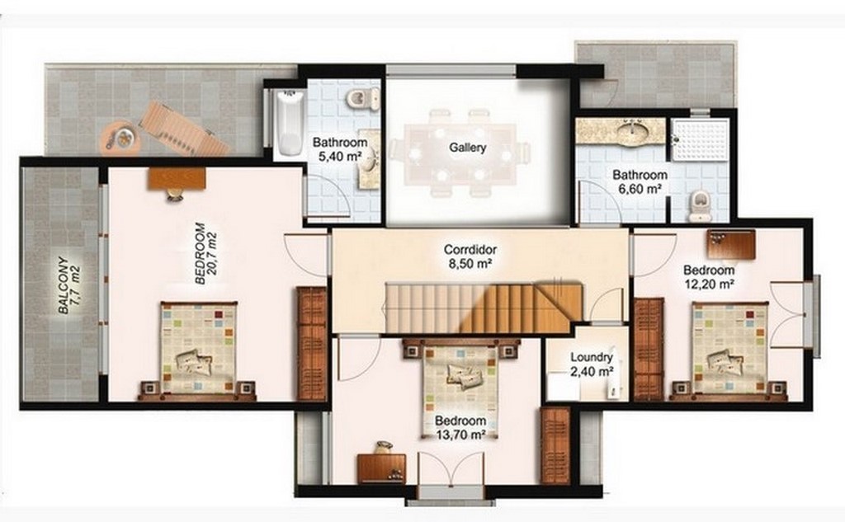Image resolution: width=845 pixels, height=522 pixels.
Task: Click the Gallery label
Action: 468,148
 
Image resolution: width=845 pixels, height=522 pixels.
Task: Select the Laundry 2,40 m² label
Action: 592,364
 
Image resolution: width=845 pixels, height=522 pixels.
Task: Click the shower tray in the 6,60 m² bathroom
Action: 700,140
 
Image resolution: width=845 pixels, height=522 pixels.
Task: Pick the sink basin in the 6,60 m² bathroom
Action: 635,130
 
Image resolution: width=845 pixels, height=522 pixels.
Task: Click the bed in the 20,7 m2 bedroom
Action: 198,348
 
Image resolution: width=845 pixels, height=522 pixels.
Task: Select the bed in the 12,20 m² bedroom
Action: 729,350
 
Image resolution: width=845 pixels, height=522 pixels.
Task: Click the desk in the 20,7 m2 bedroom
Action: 177,178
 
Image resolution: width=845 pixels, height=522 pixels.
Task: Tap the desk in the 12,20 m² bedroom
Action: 731,244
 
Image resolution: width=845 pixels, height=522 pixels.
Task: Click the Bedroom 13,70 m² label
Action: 460,426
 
